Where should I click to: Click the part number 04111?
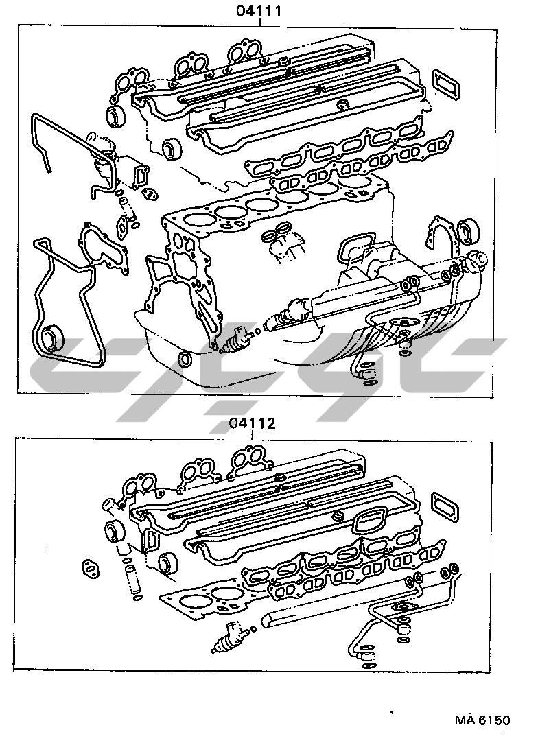tap(259, 11)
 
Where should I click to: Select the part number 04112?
tap(252, 423)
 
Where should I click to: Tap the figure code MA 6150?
tap(482, 720)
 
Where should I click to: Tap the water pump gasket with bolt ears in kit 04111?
tap(104, 250)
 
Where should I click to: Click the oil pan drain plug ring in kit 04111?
tap(184, 358)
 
